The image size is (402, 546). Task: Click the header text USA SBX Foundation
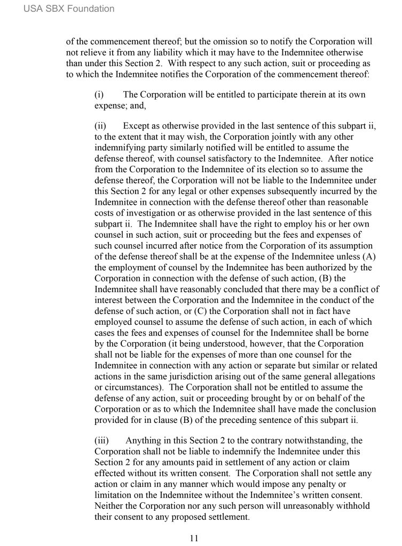point(69,9)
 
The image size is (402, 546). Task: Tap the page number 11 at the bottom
point(194,538)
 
